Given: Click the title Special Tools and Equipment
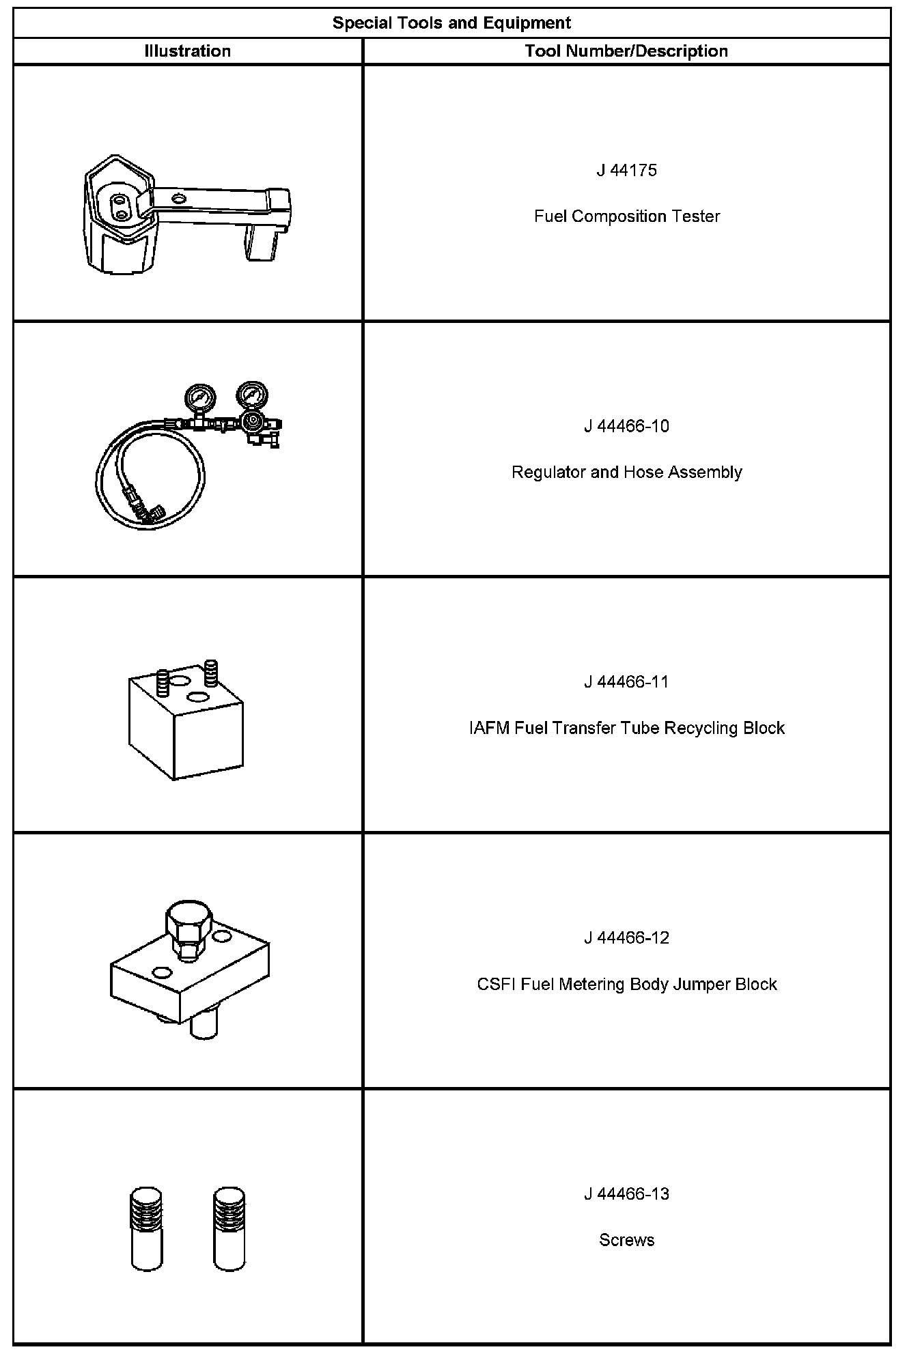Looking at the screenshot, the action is point(451,23).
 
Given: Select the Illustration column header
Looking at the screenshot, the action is point(188,51).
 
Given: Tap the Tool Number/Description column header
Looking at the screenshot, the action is point(626,51).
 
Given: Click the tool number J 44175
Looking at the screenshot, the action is point(626,170).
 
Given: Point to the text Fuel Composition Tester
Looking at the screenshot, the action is point(626,216).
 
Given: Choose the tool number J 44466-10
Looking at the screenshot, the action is point(626,426).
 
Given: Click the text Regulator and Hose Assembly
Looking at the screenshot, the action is point(626,472).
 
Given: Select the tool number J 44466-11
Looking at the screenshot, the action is point(626,682).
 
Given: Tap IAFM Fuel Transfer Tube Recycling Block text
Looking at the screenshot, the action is point(626,729).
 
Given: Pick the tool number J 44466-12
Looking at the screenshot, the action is point(626,938).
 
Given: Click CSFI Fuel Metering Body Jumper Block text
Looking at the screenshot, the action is point(626,985).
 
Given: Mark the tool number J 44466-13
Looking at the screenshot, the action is point(626,1194).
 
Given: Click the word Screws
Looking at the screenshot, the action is point(626,1241).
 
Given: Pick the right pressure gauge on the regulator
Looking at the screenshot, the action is point(251,395).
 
